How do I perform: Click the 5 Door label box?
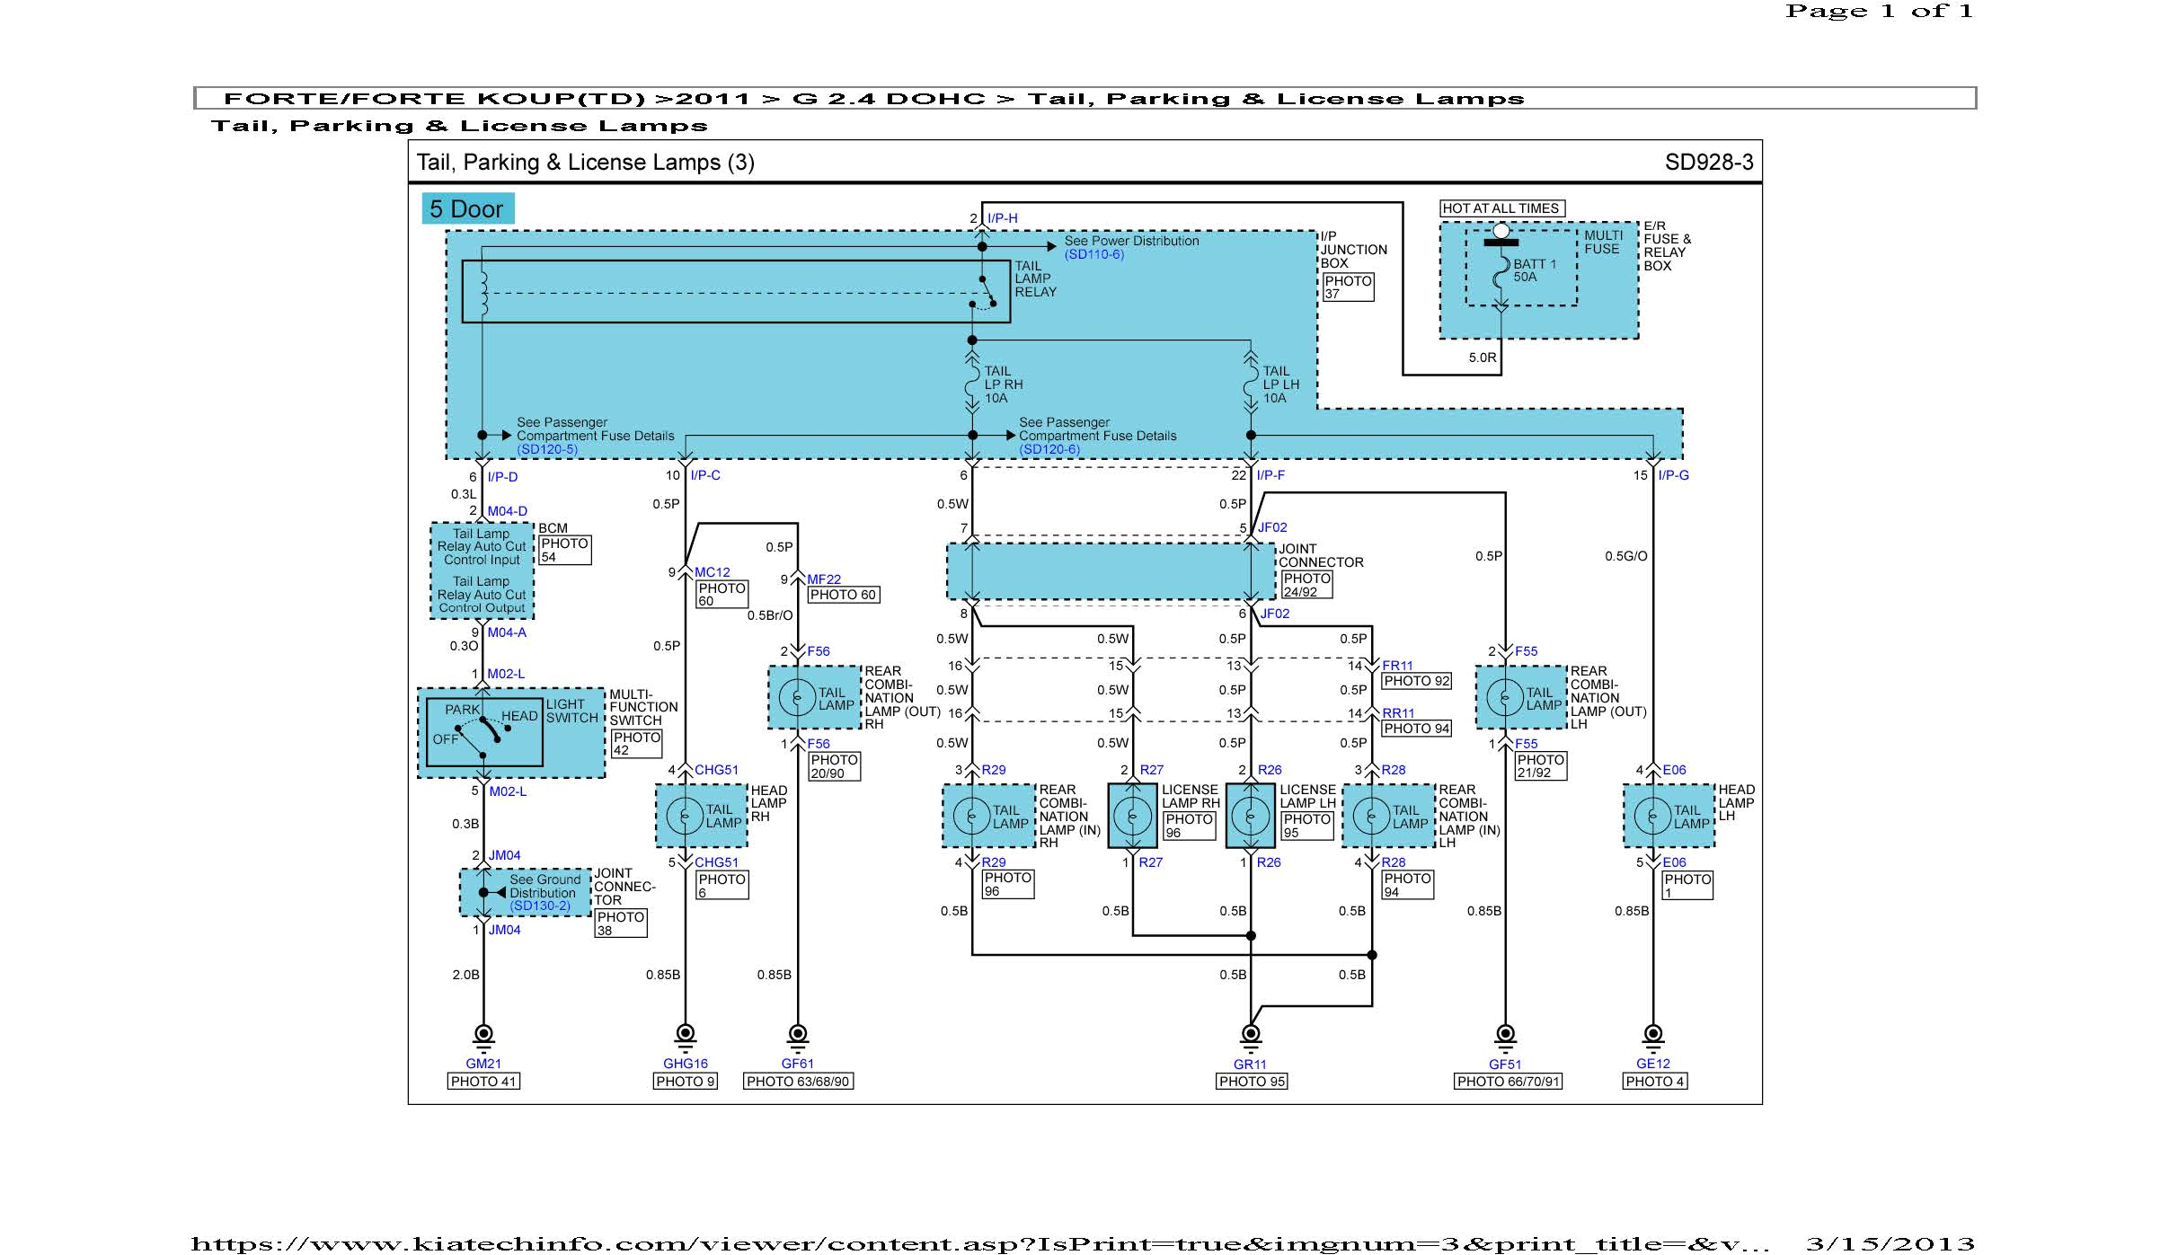[x=467, y=208]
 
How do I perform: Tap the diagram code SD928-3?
[x=1708, y=162]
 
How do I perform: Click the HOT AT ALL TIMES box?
[x=1501, y=208]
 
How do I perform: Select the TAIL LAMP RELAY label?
[x=1035, y=278]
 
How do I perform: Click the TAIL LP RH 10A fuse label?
[x=1003, y=384]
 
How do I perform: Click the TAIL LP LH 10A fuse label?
[x=1280, y=384]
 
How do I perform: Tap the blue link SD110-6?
[x=1093, y=254]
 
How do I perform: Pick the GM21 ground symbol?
[x=483, y=1035]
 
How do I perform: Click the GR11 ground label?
[x=1250, y=1064]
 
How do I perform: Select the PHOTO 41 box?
[x=483, y=1082]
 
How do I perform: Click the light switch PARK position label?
[x=462, y=710]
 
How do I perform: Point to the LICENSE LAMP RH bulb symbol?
[x=1132, y=816]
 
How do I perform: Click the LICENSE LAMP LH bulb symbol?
[x=1250, y=816]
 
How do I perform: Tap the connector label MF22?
[x=823, y=579]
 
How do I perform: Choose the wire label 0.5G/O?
[x=1625, y=556]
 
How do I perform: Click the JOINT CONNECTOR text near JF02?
[x=1320, y=555]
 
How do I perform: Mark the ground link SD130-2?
[x=540, y=906]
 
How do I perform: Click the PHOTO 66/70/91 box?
[x=1508, y=1082]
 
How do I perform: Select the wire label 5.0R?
[x=1482, y=358]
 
